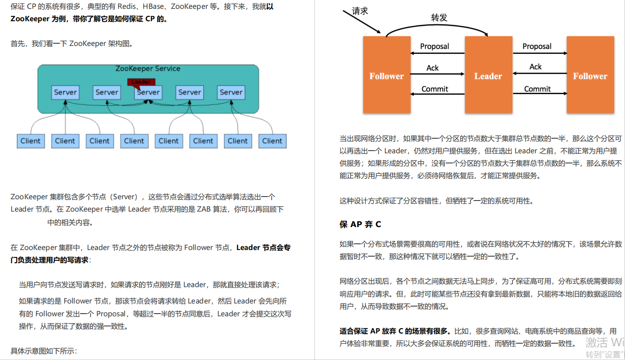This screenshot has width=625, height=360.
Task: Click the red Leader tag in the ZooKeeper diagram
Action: click(x=141, y=82)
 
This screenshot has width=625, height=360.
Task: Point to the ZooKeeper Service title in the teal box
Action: click(x=148, y=68)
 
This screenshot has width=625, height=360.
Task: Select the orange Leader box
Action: click(x=488, y=74)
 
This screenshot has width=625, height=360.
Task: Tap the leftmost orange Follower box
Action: click(x=386, y=74)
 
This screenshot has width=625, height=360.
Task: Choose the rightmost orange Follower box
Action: click(x=590, y=74)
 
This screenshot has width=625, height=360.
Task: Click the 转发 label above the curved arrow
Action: click(x=439, y=18)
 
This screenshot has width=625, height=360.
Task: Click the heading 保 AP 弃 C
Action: click(x=360, y=224)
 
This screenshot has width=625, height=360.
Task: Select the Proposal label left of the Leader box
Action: click(x=434, y=46)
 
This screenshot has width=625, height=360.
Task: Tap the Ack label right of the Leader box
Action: click(x=535, y=67)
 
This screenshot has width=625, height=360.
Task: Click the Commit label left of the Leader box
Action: click(x=435, y=89)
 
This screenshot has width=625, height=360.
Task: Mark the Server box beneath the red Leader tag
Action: click(x=148, y=92)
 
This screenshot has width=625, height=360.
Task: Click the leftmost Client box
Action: click(x=30, y=141)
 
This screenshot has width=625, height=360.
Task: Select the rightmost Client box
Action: click(x=272, y=141)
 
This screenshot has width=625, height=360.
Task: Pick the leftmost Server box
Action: click(x=65, y=92)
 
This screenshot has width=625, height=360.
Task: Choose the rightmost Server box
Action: click(x=231, y=92)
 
